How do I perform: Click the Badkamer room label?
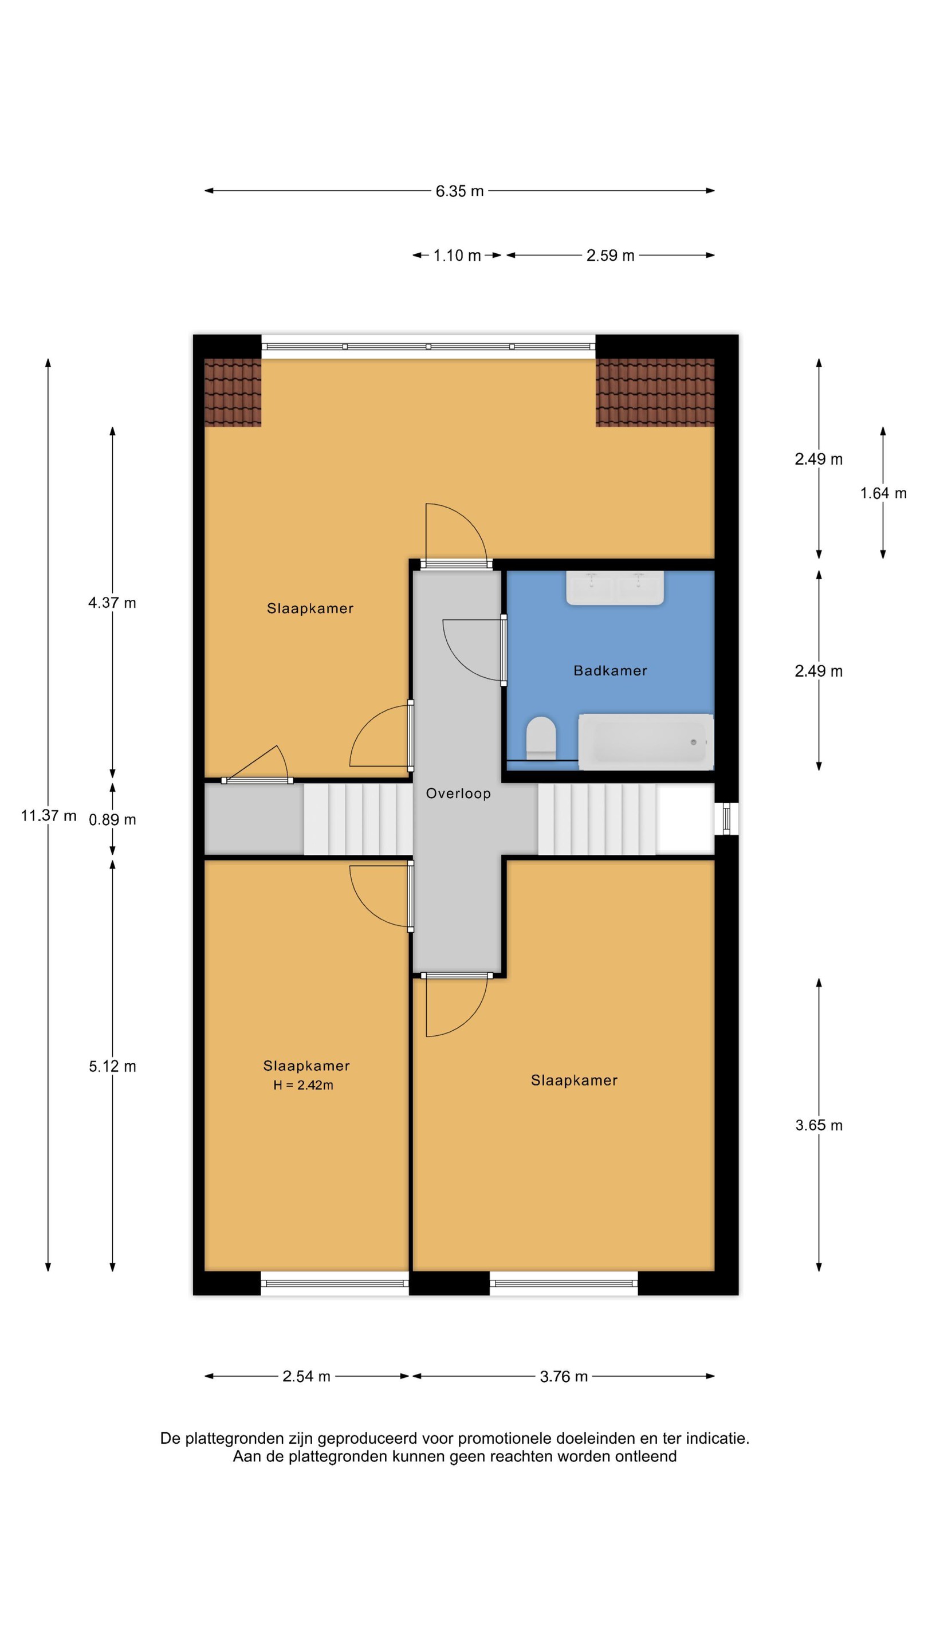[610, 671]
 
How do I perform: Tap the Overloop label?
[458, 793]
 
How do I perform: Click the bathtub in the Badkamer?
[646, 742]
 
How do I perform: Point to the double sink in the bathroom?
[615, 588]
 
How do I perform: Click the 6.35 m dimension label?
[459, 191]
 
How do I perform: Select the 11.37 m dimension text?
[49, 815]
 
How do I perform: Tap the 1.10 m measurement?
[457, 256]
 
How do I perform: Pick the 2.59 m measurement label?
[610, 256]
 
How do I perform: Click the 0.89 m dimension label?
[113, 820]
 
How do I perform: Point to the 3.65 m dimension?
[819, 1125]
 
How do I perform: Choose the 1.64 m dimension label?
[883, 493]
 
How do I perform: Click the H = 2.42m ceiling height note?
[303, 1085]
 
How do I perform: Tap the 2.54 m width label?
[306, 1377]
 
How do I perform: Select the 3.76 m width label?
[564, 1377]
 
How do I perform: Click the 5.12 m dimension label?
[113, 1066]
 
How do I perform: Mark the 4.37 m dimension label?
[112, 603]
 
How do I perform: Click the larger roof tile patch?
[655, 392]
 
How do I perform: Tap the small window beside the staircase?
[726, 819]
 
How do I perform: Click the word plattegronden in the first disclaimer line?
[234, 1438]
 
